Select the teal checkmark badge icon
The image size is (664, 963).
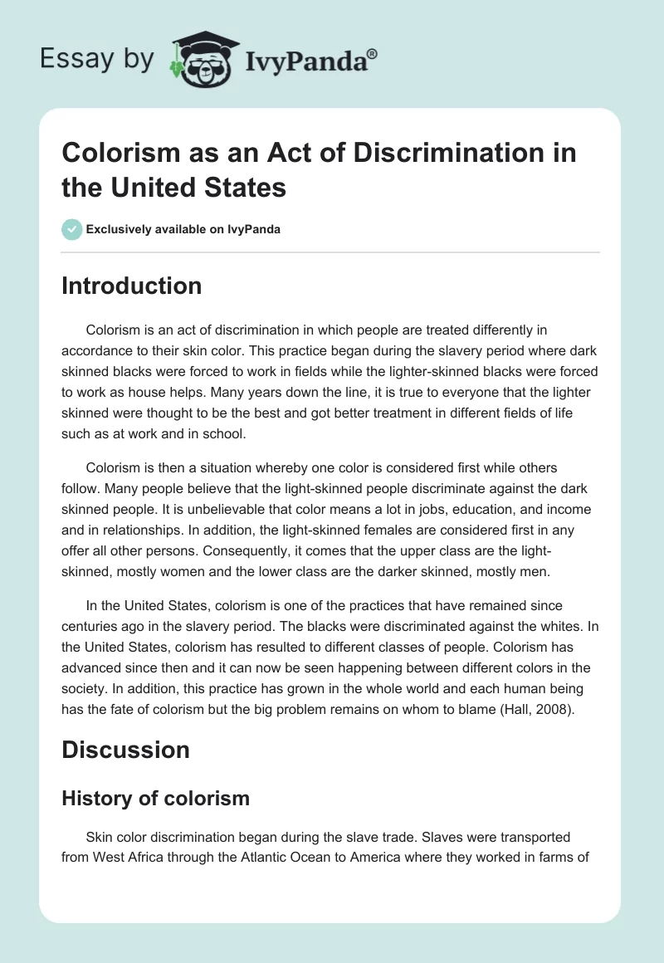pyautogui.click(x=71, y=229)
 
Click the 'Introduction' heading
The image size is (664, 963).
pyautogui.click(x=132, y=286)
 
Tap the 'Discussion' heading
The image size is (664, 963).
pyautogui.click(x=125, y=750)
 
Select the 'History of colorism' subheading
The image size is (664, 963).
pyautogui.click(x=156, y=798)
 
